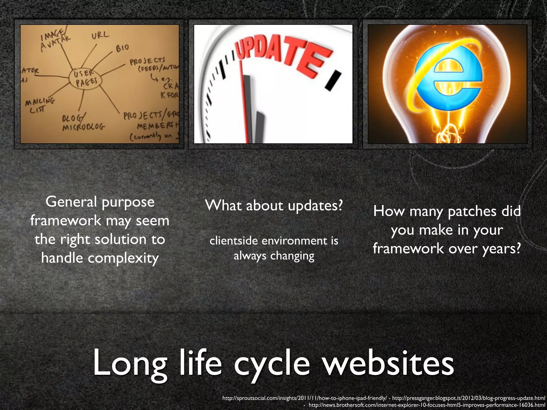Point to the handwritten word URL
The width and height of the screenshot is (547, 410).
pos(100,35)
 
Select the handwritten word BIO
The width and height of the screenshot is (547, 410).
pos(122,48)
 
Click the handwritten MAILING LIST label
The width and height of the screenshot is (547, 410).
pos(40,105)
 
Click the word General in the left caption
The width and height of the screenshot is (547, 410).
pos(71,202)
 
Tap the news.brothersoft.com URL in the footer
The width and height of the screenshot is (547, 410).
pos(427,405)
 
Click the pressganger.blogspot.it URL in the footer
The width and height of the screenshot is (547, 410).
pos(468,398)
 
